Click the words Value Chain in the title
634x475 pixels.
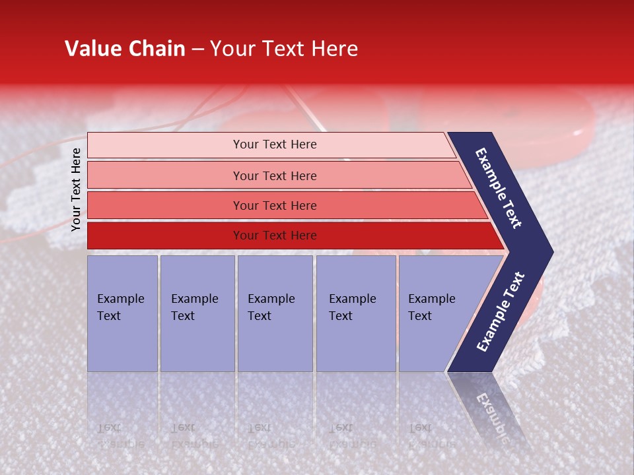pos(125,49)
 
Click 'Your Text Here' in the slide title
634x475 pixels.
pos(284,49)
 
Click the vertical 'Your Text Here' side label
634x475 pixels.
pos(76,189)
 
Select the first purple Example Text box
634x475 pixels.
pos(122,313)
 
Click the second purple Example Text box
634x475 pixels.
pos(197,313)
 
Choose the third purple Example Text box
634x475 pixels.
pos(275,313)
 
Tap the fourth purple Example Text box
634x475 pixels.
pos(355,313)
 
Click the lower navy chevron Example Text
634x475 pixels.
pos(501,312)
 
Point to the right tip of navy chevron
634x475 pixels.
pos(551,251)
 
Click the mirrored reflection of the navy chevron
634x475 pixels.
pos(492,409)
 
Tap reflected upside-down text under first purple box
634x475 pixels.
pos(120,436)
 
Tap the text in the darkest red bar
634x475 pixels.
pos(275,236)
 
